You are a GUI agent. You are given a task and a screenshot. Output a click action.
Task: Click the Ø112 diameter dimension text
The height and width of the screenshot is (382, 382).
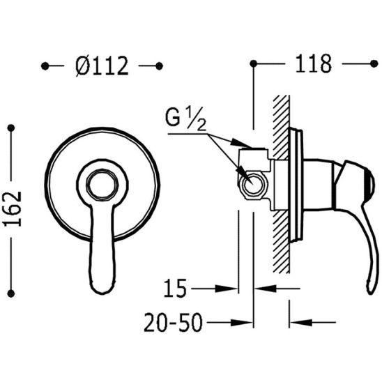102,66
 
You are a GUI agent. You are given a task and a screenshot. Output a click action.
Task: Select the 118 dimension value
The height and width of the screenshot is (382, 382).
314,64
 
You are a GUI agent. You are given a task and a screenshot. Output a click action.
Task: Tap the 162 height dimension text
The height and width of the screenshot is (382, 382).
13,209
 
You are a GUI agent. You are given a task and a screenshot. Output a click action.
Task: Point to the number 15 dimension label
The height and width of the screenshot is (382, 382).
175,289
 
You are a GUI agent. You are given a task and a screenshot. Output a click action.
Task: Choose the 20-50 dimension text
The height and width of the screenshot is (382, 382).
173,322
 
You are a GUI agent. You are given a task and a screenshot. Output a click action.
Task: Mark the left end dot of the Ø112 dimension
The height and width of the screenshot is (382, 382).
45,66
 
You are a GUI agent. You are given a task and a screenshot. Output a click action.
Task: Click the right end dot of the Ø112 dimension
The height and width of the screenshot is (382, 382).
159,66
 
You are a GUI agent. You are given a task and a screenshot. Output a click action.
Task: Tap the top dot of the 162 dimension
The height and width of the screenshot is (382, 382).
11,128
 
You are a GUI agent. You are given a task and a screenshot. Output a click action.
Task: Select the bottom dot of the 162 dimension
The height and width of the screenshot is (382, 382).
11,293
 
